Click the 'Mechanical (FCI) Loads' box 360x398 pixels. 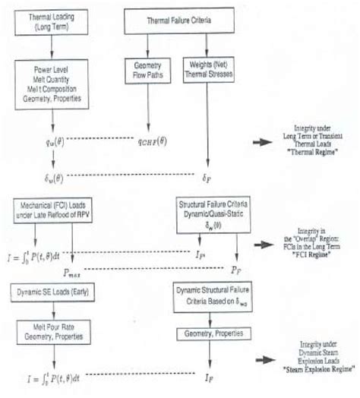coord(51,210)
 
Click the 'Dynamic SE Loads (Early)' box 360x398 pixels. coord(50,292)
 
